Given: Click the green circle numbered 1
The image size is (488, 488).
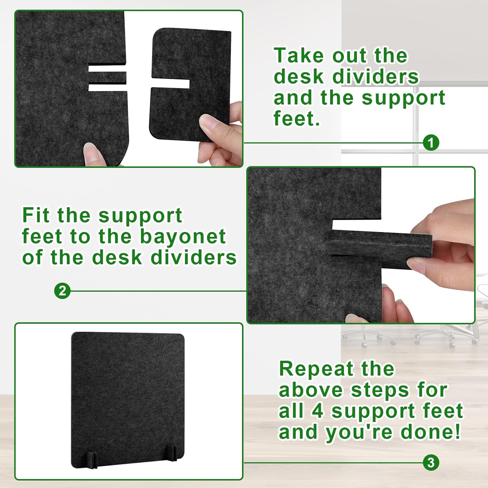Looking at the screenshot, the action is click(x=431, y=143).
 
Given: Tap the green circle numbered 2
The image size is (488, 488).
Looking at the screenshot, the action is click(x=62, y=291).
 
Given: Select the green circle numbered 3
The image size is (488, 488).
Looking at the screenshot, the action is click(x=431, y=462).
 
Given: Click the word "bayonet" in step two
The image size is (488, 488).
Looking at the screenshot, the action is click(x=183, y=237).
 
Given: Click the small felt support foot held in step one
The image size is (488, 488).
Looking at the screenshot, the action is click(x=190, y=85).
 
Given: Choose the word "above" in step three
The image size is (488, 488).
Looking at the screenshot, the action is click(x=311, y=390).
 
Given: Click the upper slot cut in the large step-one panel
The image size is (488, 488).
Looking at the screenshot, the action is click(x=107, y=69).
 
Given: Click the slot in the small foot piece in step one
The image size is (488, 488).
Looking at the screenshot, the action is click(x=170, y=84).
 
